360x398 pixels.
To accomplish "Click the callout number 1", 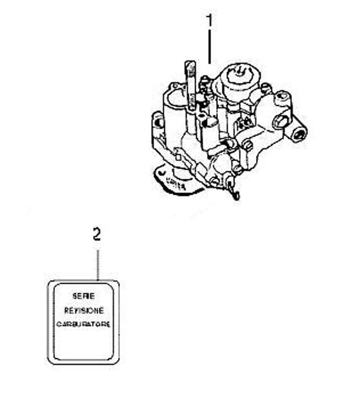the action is (209, 21).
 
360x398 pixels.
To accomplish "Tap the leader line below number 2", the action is (97, 263).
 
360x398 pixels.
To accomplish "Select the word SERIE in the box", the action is (83, 296).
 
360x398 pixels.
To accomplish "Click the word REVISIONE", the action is (83, 310).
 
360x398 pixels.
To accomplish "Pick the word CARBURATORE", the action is (83, 324).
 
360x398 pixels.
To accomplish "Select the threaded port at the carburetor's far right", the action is (299, 133).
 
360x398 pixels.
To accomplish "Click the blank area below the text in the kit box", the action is (83, 345).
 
